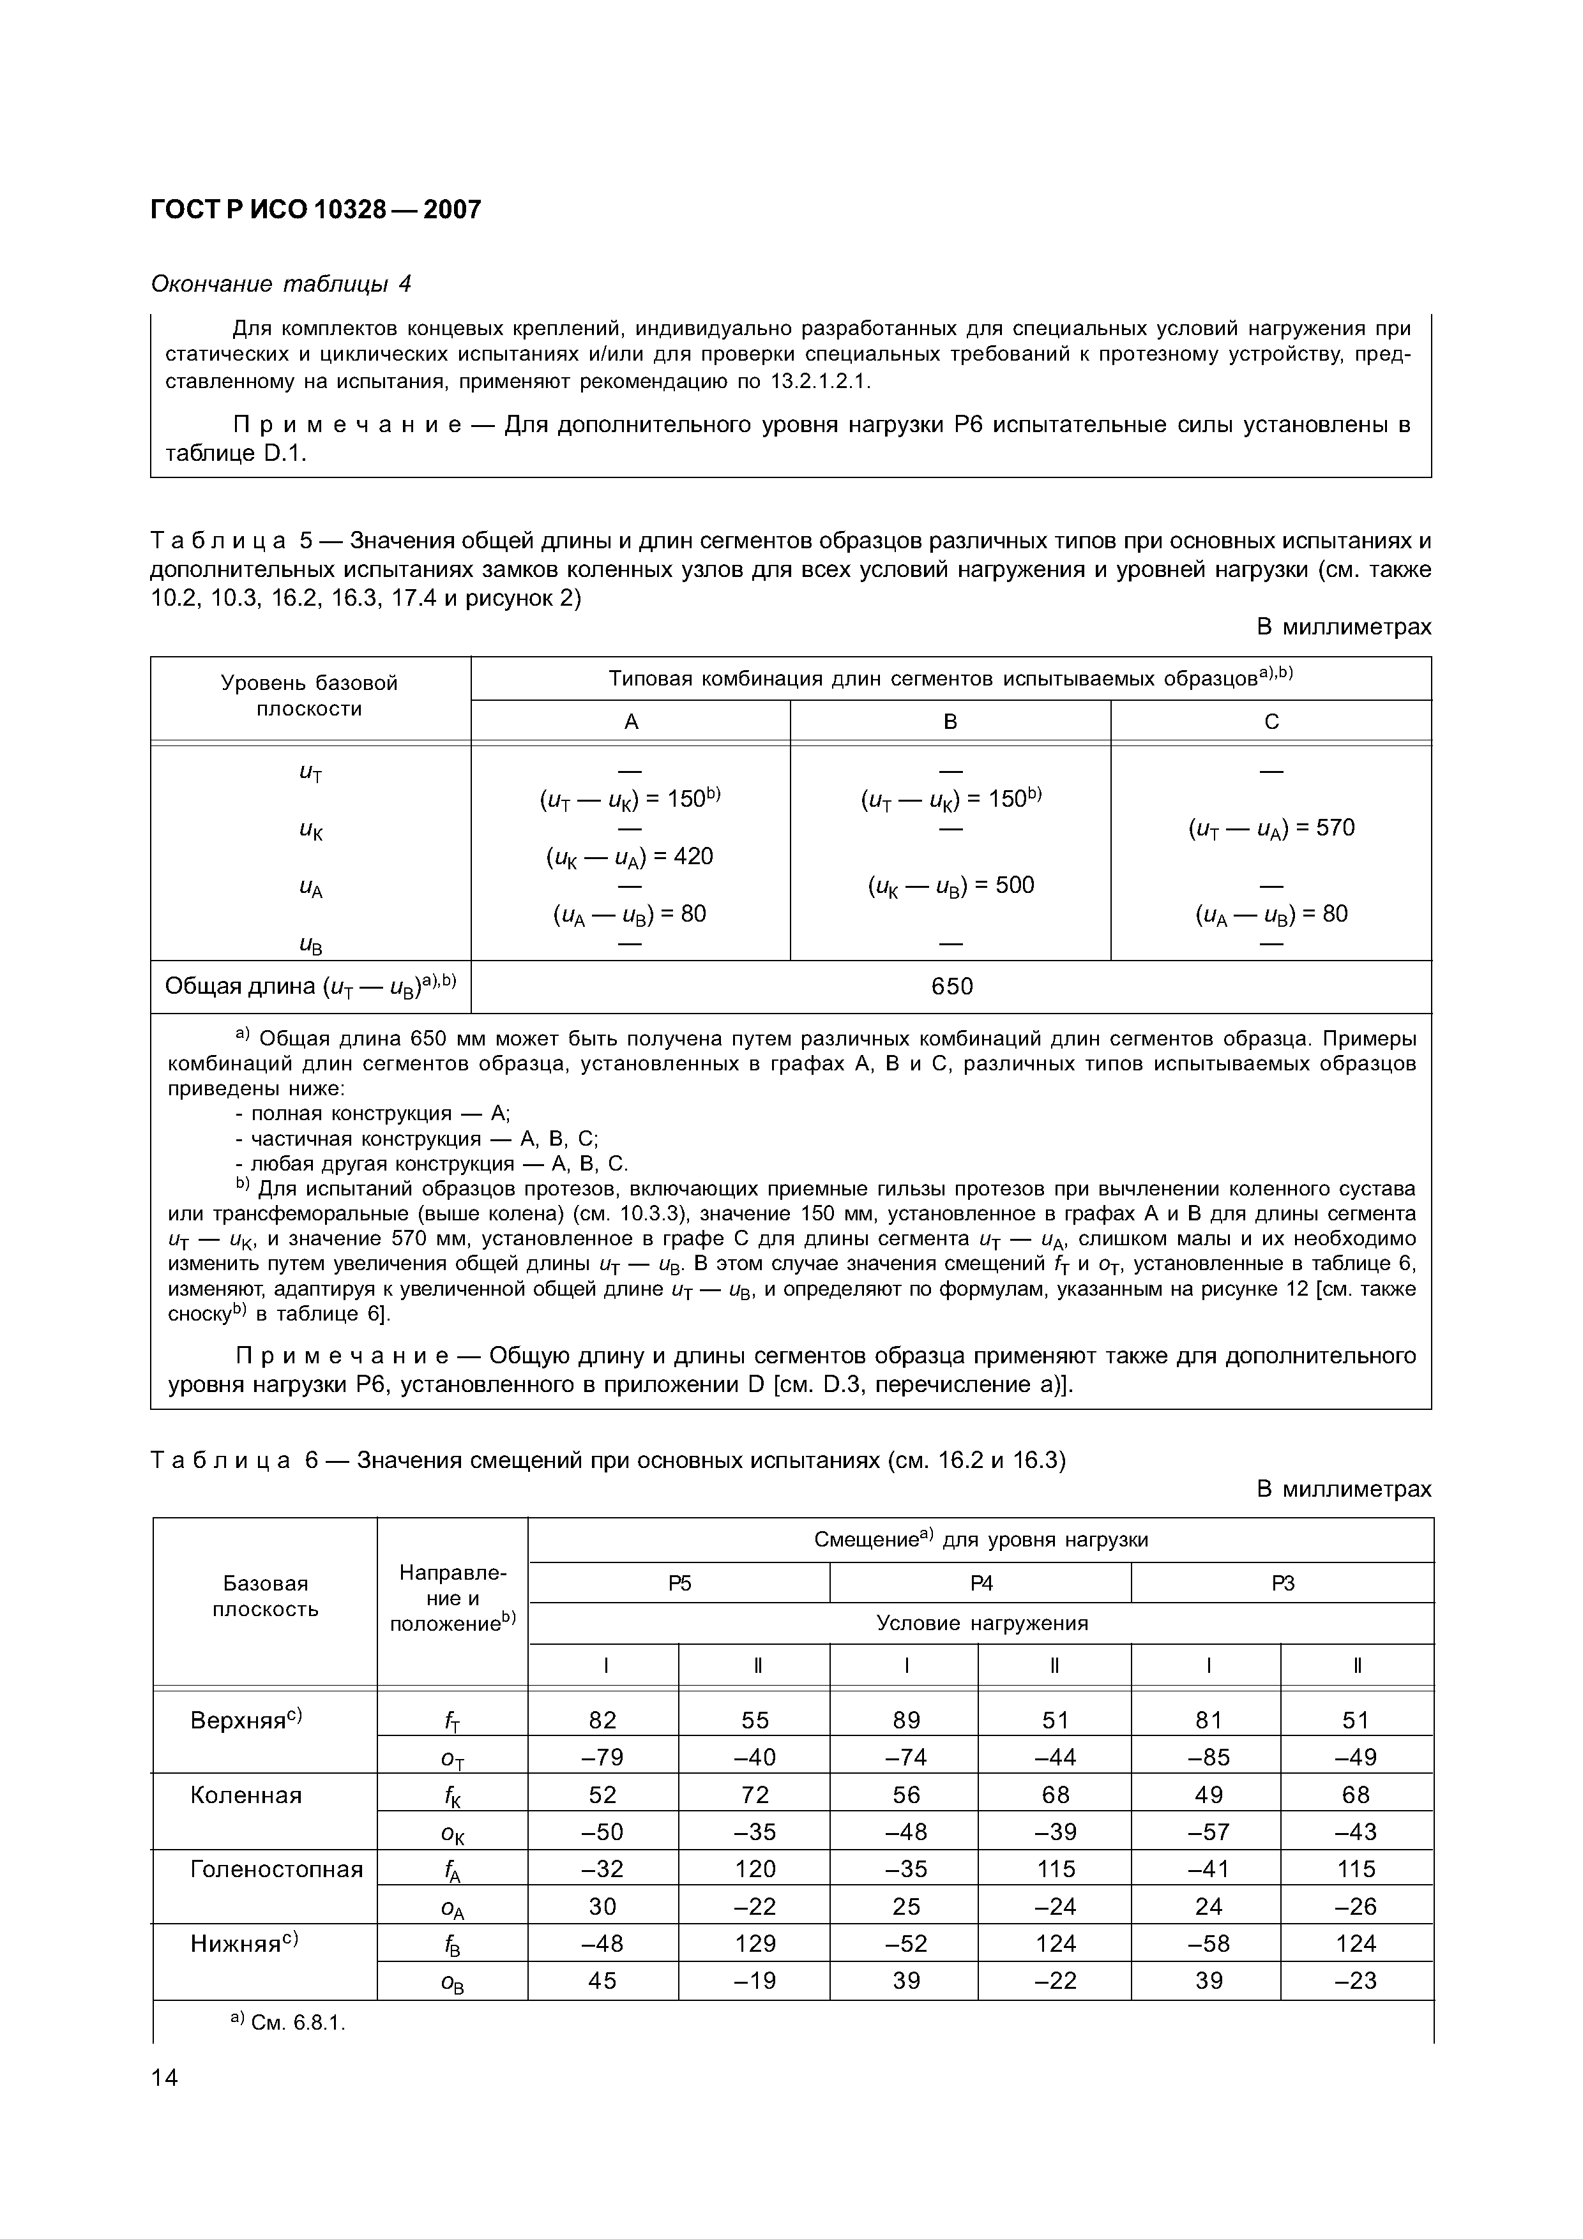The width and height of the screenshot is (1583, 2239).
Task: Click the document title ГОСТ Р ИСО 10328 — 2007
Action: (x=316, y=209)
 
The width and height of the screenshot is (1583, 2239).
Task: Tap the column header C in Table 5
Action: (x=1271, y=722)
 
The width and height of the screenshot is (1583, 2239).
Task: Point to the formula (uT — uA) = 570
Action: (x=1271, y=828)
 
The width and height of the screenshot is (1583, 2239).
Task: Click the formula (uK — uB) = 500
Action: (x=950, y=885)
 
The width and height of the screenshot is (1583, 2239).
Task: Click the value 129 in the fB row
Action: (x=755, y=1943)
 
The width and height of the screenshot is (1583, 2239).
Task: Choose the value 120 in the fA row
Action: (x=755, y=1869)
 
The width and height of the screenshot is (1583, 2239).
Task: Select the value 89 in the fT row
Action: (x=906, y=1720)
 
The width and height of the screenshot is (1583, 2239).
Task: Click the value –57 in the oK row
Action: (x=1208, y=1832)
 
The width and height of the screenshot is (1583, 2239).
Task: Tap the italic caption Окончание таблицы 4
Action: (x=281, y=284)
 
